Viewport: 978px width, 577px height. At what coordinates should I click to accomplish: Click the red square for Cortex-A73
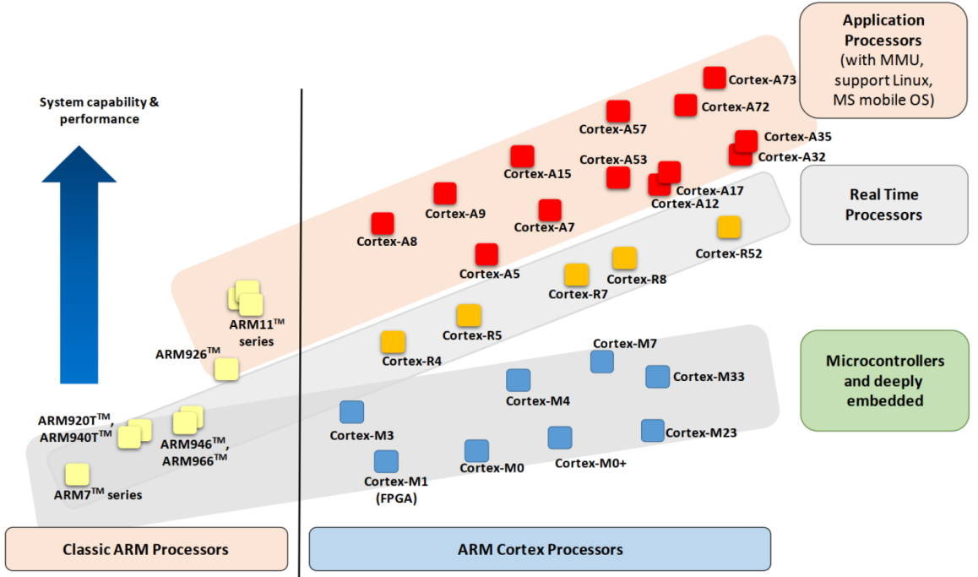coord(714,78)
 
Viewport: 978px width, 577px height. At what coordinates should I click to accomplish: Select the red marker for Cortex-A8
coord(383,223)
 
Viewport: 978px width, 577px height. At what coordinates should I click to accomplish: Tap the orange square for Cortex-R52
coord(729,227)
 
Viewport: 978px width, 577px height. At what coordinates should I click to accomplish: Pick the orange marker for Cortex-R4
coord(393,342)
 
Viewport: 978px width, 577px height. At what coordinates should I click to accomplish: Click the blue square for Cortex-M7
coord(602,362)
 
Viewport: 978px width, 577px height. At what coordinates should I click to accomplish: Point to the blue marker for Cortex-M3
coord(351,412)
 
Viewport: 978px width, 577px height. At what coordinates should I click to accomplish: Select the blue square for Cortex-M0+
coord(560,438)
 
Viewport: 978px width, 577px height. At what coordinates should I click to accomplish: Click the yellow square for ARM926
coord(226,369)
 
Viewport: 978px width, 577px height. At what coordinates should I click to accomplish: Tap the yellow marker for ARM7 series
coord(78,475)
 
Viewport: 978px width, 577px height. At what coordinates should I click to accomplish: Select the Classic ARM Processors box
coord(146,549)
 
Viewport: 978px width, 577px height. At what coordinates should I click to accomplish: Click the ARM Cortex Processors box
coord(541,549)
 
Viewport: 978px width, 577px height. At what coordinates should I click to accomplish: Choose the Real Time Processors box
coord(883,204)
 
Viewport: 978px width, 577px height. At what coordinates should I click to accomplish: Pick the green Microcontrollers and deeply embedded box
coord(884,380)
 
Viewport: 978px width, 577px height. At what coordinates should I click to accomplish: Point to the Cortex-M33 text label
coord(709,377)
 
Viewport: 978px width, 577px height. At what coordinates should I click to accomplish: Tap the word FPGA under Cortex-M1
coord(396,498)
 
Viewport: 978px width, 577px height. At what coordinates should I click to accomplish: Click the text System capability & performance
coord(100,111)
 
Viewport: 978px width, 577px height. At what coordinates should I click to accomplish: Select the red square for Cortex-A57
coord(619,111)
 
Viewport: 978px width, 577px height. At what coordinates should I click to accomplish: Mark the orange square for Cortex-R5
coord(469,316)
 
